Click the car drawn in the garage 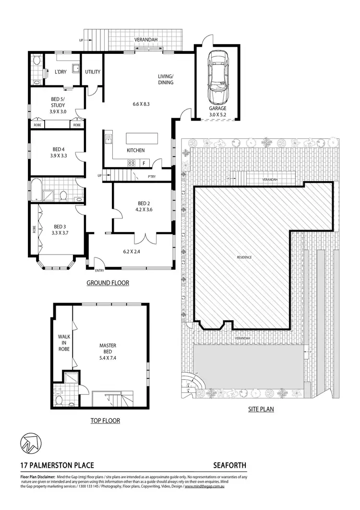click(x=217, y=79)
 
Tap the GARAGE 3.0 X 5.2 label click(x=217, y=112)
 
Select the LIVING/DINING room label click(x=166, y=79)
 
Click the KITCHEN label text click(x=135, y=151)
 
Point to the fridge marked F click(x=144, y=164)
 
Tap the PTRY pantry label click(x=152, y=177)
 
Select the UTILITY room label click(x=93, y=72)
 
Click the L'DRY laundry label click(x=60, y=72)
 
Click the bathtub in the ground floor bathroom click(x=36, y=189)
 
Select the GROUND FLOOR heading click(x=108, y=283)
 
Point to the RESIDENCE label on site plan click(x=244, y=257)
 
